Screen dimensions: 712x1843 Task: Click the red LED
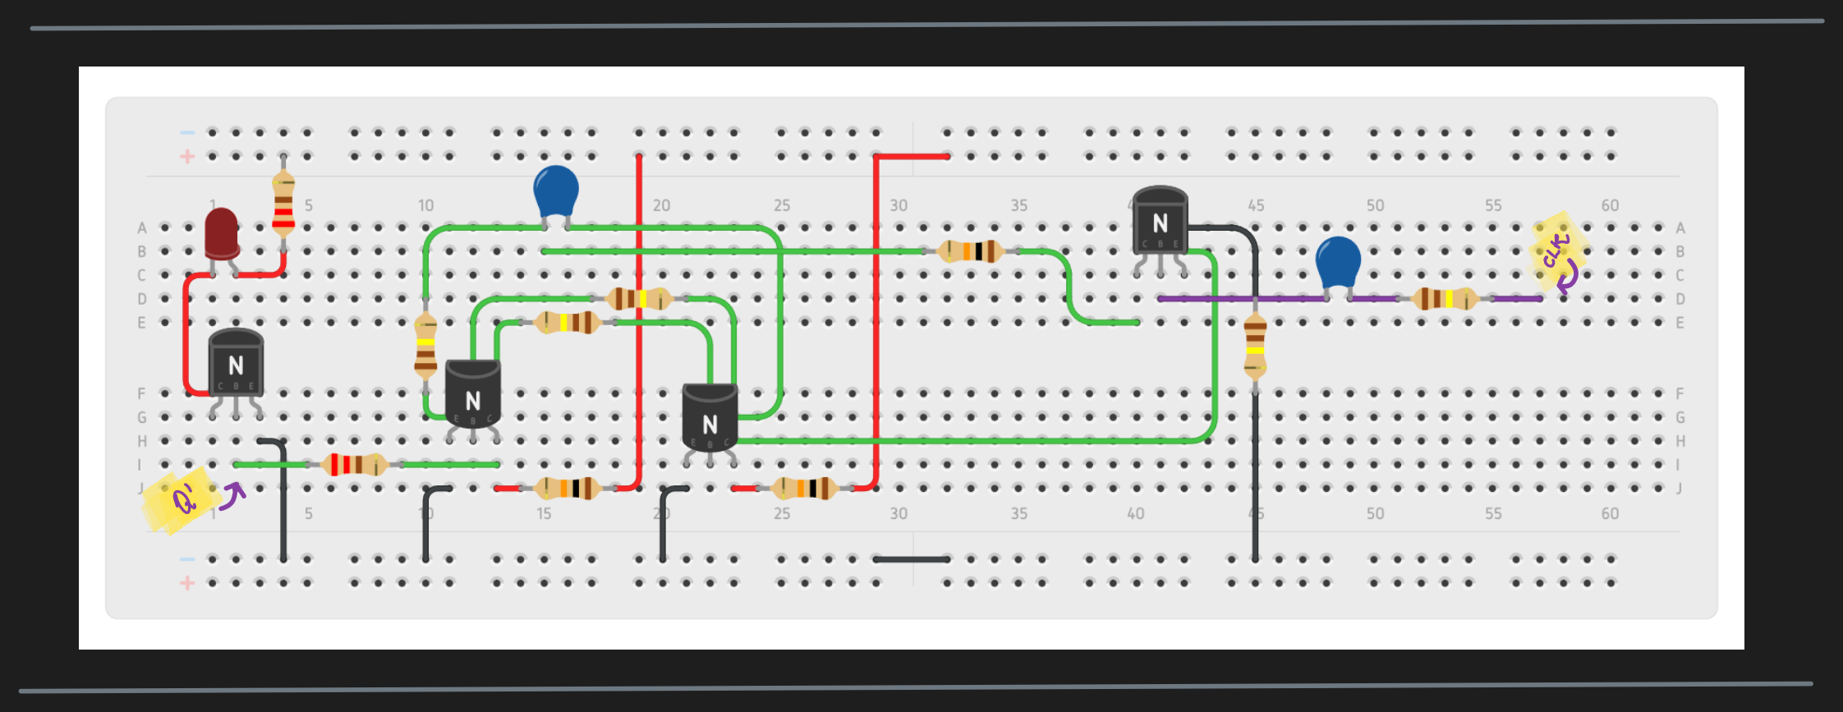click(x=221, y=231)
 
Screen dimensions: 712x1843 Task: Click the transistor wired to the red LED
click(x=236, y=365)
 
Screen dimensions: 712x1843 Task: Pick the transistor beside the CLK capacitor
click(x=1160, y=222)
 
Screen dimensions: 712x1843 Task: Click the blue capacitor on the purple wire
click(x=1338, y=262)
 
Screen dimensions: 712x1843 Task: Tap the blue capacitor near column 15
click(x=556, y=191)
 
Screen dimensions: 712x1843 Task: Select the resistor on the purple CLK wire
click(x=1445, y=299)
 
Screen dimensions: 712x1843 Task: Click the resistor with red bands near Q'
click(x=354, y=465)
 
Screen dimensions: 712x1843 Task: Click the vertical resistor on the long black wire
click(x=1255, y=345)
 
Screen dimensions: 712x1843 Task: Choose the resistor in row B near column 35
click(x=971, y=250)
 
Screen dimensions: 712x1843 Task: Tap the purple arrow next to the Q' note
click(x=233, y=494)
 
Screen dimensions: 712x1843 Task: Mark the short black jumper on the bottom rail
click(x=912, y=559)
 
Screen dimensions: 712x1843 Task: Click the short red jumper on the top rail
click(x=912, y=155)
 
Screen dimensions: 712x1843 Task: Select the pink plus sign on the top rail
click(x=187, y=156)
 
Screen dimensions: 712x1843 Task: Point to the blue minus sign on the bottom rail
click(x=187, y=559)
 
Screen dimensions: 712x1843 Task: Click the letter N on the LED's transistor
click(x=236, y=365)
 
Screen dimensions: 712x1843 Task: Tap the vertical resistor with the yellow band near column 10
click(x=425, y=346)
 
